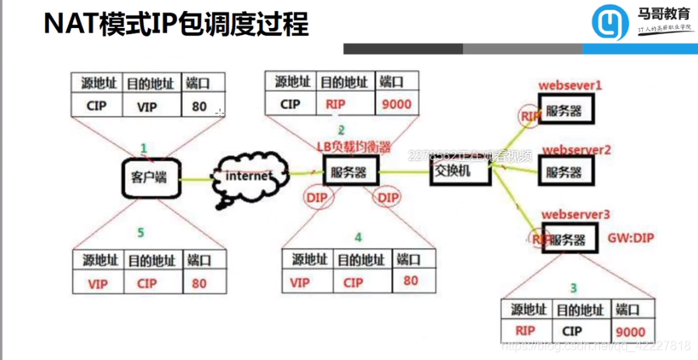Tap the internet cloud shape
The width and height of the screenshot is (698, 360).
pos(250,177)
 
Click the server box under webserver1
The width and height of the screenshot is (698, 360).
pos(564,111)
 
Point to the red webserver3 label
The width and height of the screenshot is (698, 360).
pos(576,213)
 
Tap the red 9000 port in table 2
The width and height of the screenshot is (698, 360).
pos(396,104)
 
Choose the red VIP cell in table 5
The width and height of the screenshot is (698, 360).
pos(98,284)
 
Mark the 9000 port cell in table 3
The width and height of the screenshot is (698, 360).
pos(629,331)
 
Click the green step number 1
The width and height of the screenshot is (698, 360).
pos(143,147)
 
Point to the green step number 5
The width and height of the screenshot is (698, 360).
pos(141,232)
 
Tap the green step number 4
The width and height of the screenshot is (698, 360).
pos(358,236)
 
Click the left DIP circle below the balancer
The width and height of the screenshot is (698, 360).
pos(316,198)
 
